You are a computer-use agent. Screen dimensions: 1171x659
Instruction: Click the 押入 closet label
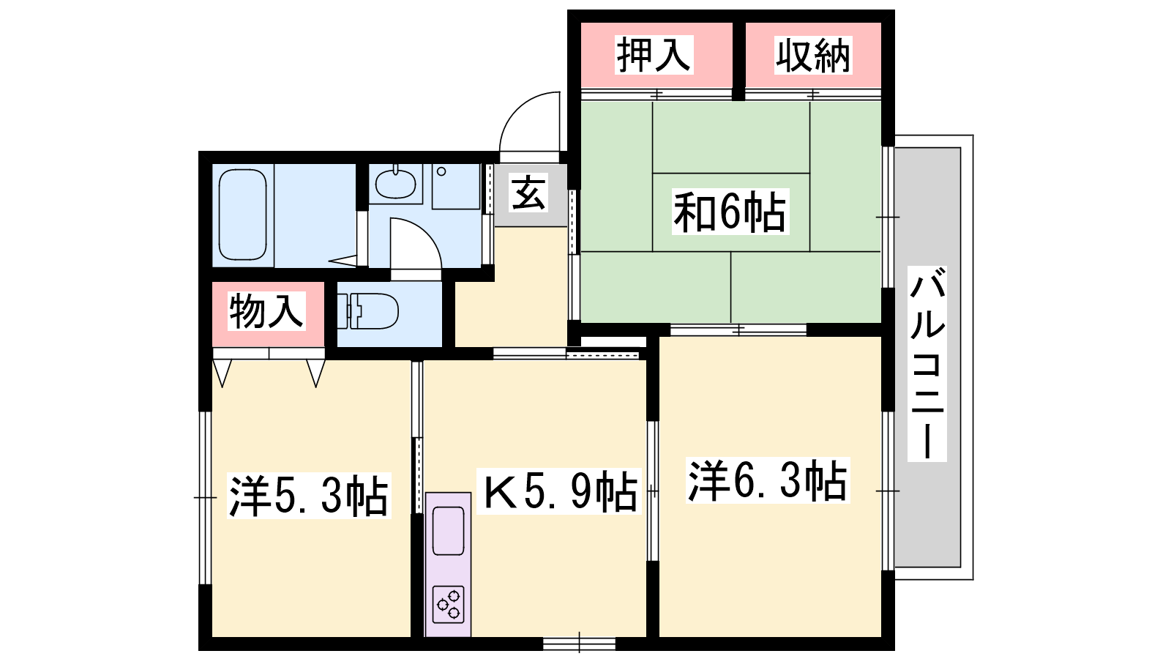coord(654,54)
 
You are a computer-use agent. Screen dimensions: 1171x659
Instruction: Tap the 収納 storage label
coord(813,55)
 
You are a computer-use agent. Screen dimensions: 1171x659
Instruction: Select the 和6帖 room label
coord(730,212)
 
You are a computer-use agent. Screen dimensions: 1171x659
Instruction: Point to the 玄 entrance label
coord(528,193)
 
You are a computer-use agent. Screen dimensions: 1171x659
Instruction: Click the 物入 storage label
coord(266,311)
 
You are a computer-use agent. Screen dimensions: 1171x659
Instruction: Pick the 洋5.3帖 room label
coord(309,495)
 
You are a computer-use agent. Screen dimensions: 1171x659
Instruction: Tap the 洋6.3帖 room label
coord(768,480)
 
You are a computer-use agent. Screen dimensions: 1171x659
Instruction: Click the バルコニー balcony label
coord(927,363)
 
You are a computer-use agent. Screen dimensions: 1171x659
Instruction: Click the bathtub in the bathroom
coord(243,215)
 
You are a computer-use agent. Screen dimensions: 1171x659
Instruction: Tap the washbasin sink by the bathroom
coord(396,183)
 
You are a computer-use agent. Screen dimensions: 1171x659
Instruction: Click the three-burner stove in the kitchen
coord(449,604)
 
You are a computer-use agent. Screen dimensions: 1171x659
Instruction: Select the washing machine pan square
coord(456,186)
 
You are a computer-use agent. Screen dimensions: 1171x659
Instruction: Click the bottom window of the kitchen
coord(579,644)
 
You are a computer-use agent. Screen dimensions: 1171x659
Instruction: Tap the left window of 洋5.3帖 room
coord(206,497)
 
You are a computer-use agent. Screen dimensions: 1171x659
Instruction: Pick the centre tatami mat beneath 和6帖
coord(731,212)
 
